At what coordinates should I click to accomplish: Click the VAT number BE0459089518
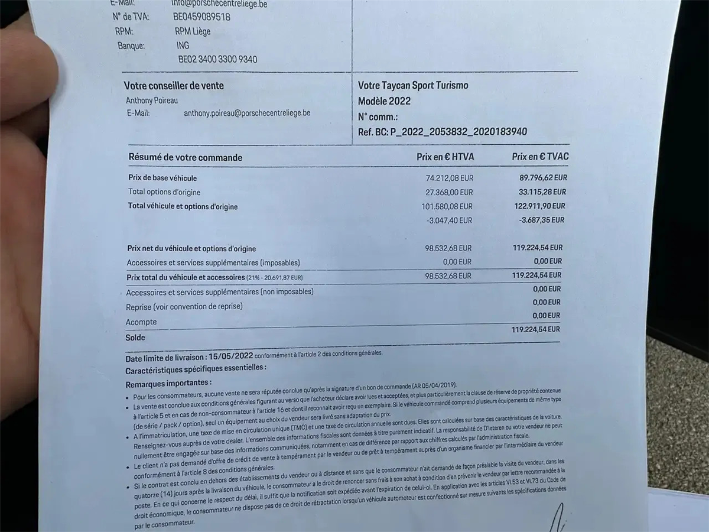pyautogui.click(x=201, y=17)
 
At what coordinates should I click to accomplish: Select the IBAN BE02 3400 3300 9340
pyautogui.click(x=217, y=59)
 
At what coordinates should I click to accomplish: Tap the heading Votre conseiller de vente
pyautogui.click(x=174, y=86)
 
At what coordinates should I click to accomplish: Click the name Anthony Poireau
pyautogui.click(x=152, y=100)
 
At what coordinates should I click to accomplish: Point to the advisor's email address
pyautogui.click(x=247, y=112)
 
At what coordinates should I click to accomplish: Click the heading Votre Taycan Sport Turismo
pyautogui.click(x=413, y=85)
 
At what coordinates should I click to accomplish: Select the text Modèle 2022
pyautogui.click(x=384, y=101)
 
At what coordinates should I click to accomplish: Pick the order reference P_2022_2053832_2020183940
pyautogui.click(x=458, y=132)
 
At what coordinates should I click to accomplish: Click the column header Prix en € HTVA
pyautogui.click(x=445, y=157)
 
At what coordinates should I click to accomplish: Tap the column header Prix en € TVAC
pyautogui.click(x=540, y=157)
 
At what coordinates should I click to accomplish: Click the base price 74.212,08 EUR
pyautogui.click(x=449, y=177)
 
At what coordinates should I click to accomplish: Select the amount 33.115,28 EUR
pyautogui.click(x=542, y=192)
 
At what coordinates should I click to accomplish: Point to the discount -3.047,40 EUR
pyautogui.click(x=449, y=220)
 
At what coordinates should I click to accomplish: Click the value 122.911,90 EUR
pyautogui.click(x=540, y=206)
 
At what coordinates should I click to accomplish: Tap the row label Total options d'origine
pyautogui.click(x=164, y=192)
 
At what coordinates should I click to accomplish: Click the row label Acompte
pyautogui.click(x=141, y=322)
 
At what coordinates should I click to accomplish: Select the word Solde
pyautogui.click(x=135, y=338)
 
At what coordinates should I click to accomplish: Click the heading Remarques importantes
pyautogui.click(x=168, y=383)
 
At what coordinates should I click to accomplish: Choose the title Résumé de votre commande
pyautogui.click(x=186, y=157)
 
